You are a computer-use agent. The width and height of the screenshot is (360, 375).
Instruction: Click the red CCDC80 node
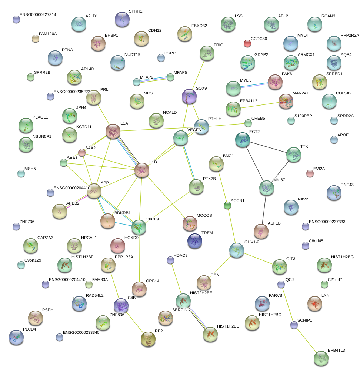click(247, 44)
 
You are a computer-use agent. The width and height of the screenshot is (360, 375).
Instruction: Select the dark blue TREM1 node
click(195, 241)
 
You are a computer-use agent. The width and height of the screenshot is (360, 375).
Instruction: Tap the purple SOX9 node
click(189, 97)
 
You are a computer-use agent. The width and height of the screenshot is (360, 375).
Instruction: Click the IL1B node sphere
click(141, 170)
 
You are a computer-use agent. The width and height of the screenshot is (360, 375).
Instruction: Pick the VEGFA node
click(181, 138)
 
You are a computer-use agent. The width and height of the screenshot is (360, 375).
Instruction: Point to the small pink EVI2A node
click(310, 173)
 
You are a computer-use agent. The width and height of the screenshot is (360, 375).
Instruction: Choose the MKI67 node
click(267, 188)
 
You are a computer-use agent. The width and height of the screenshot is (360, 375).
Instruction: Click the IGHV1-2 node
click(236, 251)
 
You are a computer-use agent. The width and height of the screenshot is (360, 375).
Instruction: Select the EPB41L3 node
click(321, 358)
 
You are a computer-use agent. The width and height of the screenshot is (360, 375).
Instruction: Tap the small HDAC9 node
click(170, 260)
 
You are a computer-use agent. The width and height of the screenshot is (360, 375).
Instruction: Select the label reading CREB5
click(258, 118)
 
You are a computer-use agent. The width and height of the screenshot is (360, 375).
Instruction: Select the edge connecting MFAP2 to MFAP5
click(154, 79)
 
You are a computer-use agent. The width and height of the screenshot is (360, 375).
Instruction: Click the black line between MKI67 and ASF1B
click(264, 210)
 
